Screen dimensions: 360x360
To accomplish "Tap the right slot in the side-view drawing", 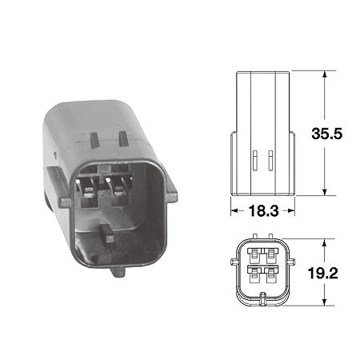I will (272, 160).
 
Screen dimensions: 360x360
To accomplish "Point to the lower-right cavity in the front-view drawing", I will (272, 279).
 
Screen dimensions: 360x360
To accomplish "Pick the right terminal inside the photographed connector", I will (122, 189).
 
